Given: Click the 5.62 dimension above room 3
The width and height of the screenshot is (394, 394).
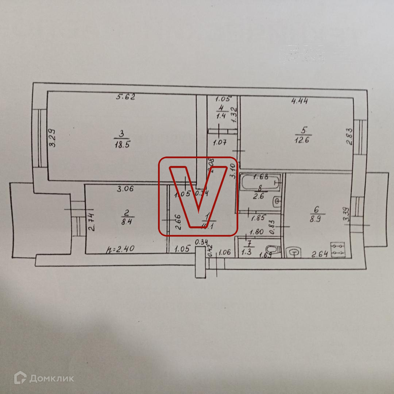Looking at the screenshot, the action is click(126, 97).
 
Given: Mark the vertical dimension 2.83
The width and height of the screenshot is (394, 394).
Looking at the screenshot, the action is click(349, 136).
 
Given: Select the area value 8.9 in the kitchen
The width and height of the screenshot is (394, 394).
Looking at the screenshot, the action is click(316, 219).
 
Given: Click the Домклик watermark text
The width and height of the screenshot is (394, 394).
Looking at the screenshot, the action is click(51, 378).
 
